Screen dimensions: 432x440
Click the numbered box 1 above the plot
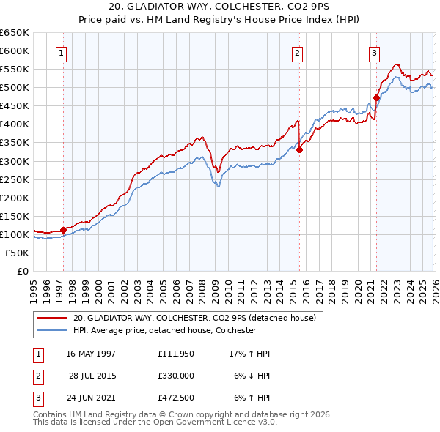pyautogui.click(x=61, y=53)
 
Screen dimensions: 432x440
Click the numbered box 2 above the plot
pyautogui.click(x=297, y=53)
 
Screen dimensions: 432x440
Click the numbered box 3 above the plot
pyautogui.click(x=374, y=53)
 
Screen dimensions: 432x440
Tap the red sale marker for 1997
pyautogui.click(x=64, y=230)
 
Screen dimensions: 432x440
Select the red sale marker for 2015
pyautogui.click(x=299, y=149)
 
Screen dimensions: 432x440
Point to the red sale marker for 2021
pyautogui.click(x=376, y=97)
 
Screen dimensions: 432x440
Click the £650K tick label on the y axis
pyautogui.click(x=15, y=33)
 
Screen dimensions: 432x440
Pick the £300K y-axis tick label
pyautogui.click(x=15, y=161)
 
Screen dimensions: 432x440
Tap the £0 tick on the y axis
pyautogui.click(x=22, y=271)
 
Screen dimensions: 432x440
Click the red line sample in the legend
pyautogui.click(x=52, y=318)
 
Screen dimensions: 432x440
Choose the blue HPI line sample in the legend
pyautogui.click(x=52, y=330)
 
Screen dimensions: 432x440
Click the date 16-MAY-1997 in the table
pyautogui.click(x=91, y=354)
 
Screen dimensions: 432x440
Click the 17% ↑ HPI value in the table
pyautogui.click(x=249, y=354)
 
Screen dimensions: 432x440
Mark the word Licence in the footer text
pyautogui.click(x=236, y=422)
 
